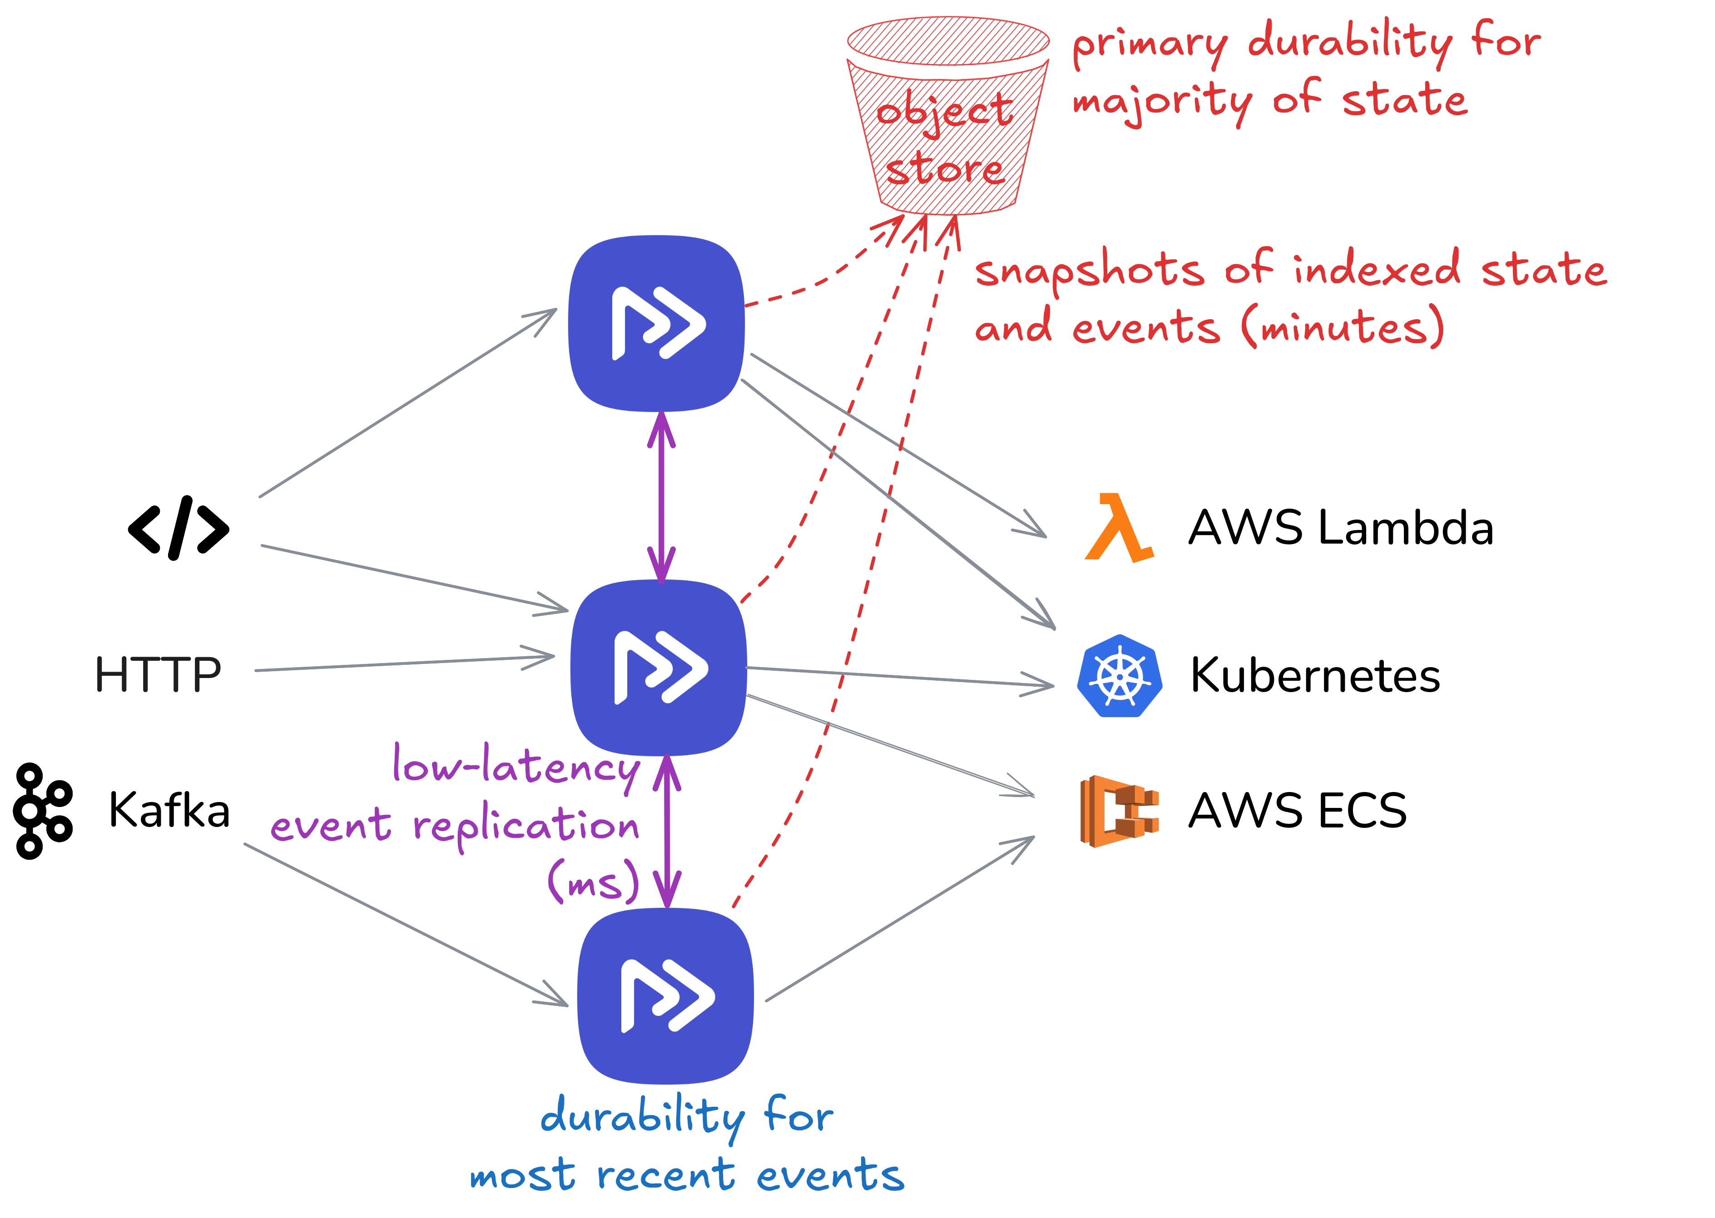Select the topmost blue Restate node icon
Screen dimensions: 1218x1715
click(x=657, y=323)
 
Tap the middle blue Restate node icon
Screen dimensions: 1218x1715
click(x=659, y=668)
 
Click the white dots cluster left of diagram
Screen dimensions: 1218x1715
click(x=41, y=811)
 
